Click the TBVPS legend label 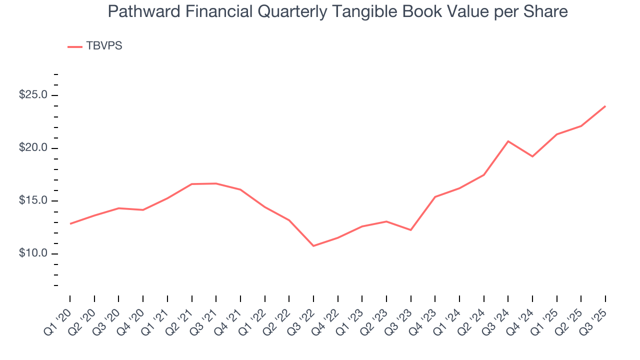click(104, 46)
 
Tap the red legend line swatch click(75, 46)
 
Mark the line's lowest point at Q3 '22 click(313, 245)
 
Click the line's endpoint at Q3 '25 click(605, 106)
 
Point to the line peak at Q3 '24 click(508, 141)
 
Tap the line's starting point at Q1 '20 click(70, 223)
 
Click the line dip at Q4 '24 click(532, 156)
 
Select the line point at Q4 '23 click(435, 196)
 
